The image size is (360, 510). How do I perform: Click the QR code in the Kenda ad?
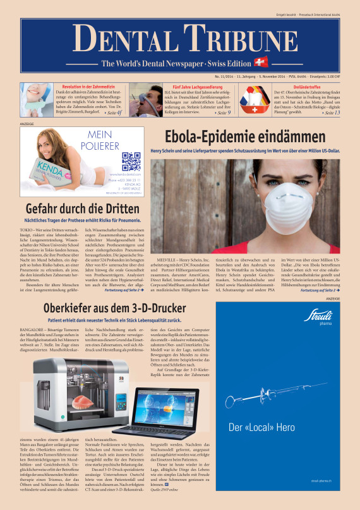click(131, 162)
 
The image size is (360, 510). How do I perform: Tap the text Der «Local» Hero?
click(261, 427)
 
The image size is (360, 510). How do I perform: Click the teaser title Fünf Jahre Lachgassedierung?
click(191, 84)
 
